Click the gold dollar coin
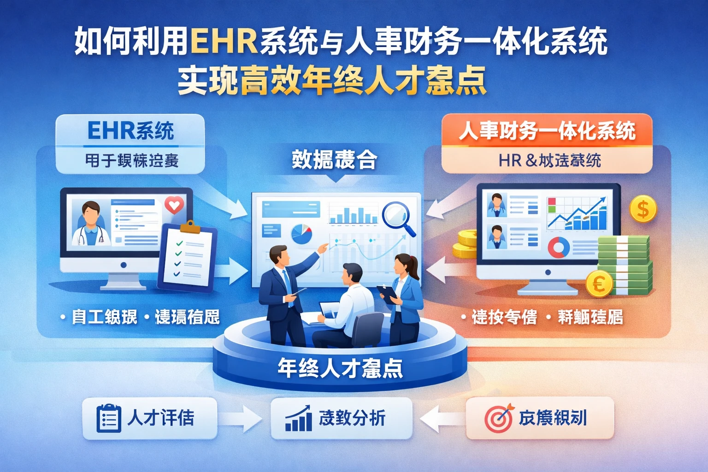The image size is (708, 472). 643,209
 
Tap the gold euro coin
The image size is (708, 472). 599,283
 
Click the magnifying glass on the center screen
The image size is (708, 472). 397,217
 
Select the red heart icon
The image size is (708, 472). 174,205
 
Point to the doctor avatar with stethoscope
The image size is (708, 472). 90,224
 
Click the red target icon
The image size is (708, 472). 498,418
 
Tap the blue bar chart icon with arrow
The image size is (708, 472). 298,419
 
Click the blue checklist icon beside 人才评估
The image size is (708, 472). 109,419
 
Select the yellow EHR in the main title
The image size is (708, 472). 223,41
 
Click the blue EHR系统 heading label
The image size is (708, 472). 130,131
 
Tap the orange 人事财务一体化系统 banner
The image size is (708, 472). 547,131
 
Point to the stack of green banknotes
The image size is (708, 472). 625,265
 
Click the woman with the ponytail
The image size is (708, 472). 405,295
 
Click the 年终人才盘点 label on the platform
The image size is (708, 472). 340,368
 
